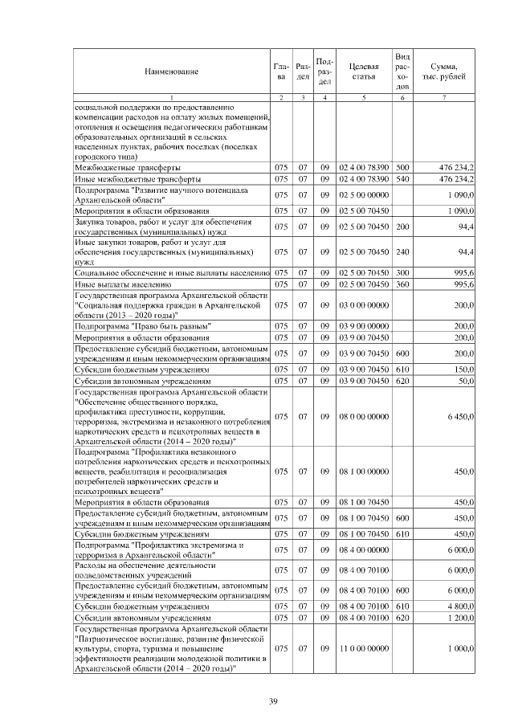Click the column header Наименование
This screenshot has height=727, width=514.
pyautogui.click(x=171, y=71)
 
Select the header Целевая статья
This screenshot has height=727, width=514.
pyautogui.click(x=364, y=71)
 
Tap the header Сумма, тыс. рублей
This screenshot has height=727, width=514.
pyautogui.click(x=444, y=71)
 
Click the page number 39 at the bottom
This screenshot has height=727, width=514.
pyautogui.click(x=272, y=703)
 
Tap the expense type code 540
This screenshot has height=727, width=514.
pyautogui.click(x=402, y=178)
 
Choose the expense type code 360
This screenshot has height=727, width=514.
pyautogui.click(x=402, y=284)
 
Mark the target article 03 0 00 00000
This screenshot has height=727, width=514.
pyautogui.click(x=364, y=305)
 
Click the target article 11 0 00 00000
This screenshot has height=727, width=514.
pyautogui.click(x=364, y=647)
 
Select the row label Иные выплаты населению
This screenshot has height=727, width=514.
pyautogui.click(x=121, y=284)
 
